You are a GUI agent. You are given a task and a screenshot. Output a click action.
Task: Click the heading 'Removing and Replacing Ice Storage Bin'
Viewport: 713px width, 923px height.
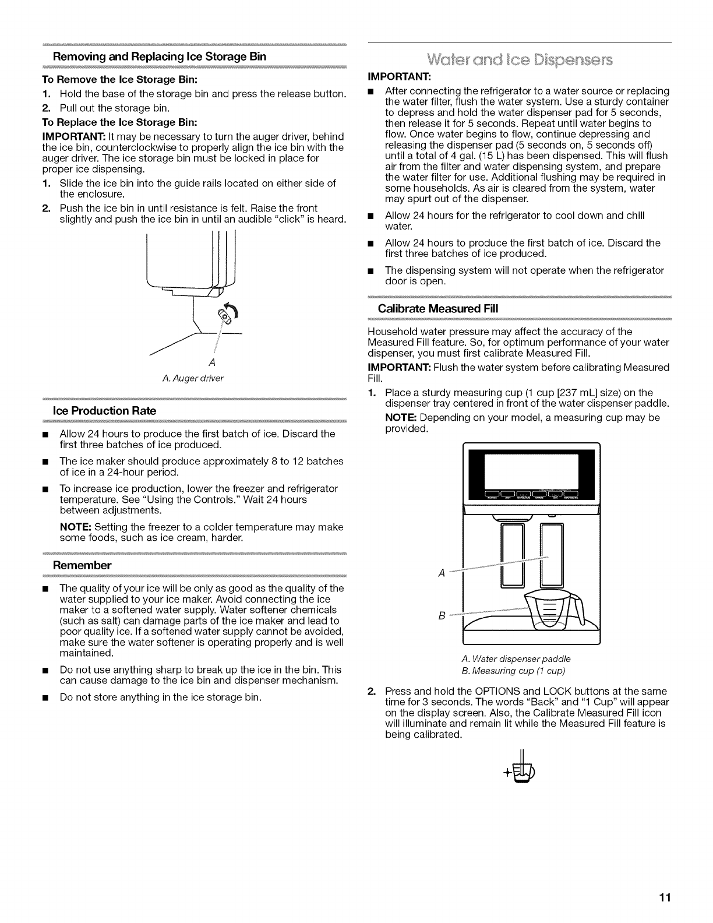159,57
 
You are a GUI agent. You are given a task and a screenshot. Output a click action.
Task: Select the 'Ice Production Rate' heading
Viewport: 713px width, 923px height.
104,411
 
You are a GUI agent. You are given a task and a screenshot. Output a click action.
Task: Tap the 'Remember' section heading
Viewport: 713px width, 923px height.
82,565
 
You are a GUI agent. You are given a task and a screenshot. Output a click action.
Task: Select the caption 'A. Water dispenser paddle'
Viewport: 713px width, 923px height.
516,659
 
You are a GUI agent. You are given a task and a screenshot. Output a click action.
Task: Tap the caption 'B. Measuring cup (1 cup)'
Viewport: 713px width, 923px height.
513,670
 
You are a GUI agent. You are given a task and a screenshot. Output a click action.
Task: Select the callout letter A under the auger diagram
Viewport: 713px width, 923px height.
212,363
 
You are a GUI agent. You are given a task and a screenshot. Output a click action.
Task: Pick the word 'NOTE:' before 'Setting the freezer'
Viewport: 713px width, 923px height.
75,527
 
